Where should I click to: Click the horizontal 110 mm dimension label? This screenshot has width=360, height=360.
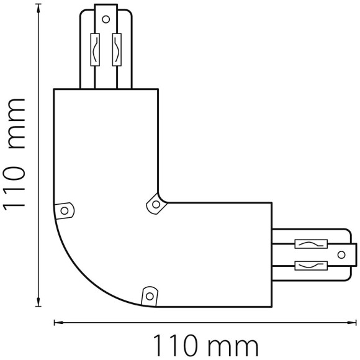coord(205,346)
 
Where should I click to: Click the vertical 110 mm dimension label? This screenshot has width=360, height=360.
coord(14,154)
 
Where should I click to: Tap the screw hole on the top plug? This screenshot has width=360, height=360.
coord(106,19)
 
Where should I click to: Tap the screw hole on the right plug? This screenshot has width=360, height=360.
coord(341,254)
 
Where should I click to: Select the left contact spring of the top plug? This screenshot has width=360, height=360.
coord(95,50)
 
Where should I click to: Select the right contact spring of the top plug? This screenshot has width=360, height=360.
coord(117,50)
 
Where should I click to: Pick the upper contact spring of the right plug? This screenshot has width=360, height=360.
coord(311,244)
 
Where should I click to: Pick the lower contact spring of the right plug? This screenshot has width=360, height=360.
coord(311,266)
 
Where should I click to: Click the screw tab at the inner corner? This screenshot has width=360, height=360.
coord(156,204)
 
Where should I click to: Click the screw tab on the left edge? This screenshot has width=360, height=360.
coord(65,210)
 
